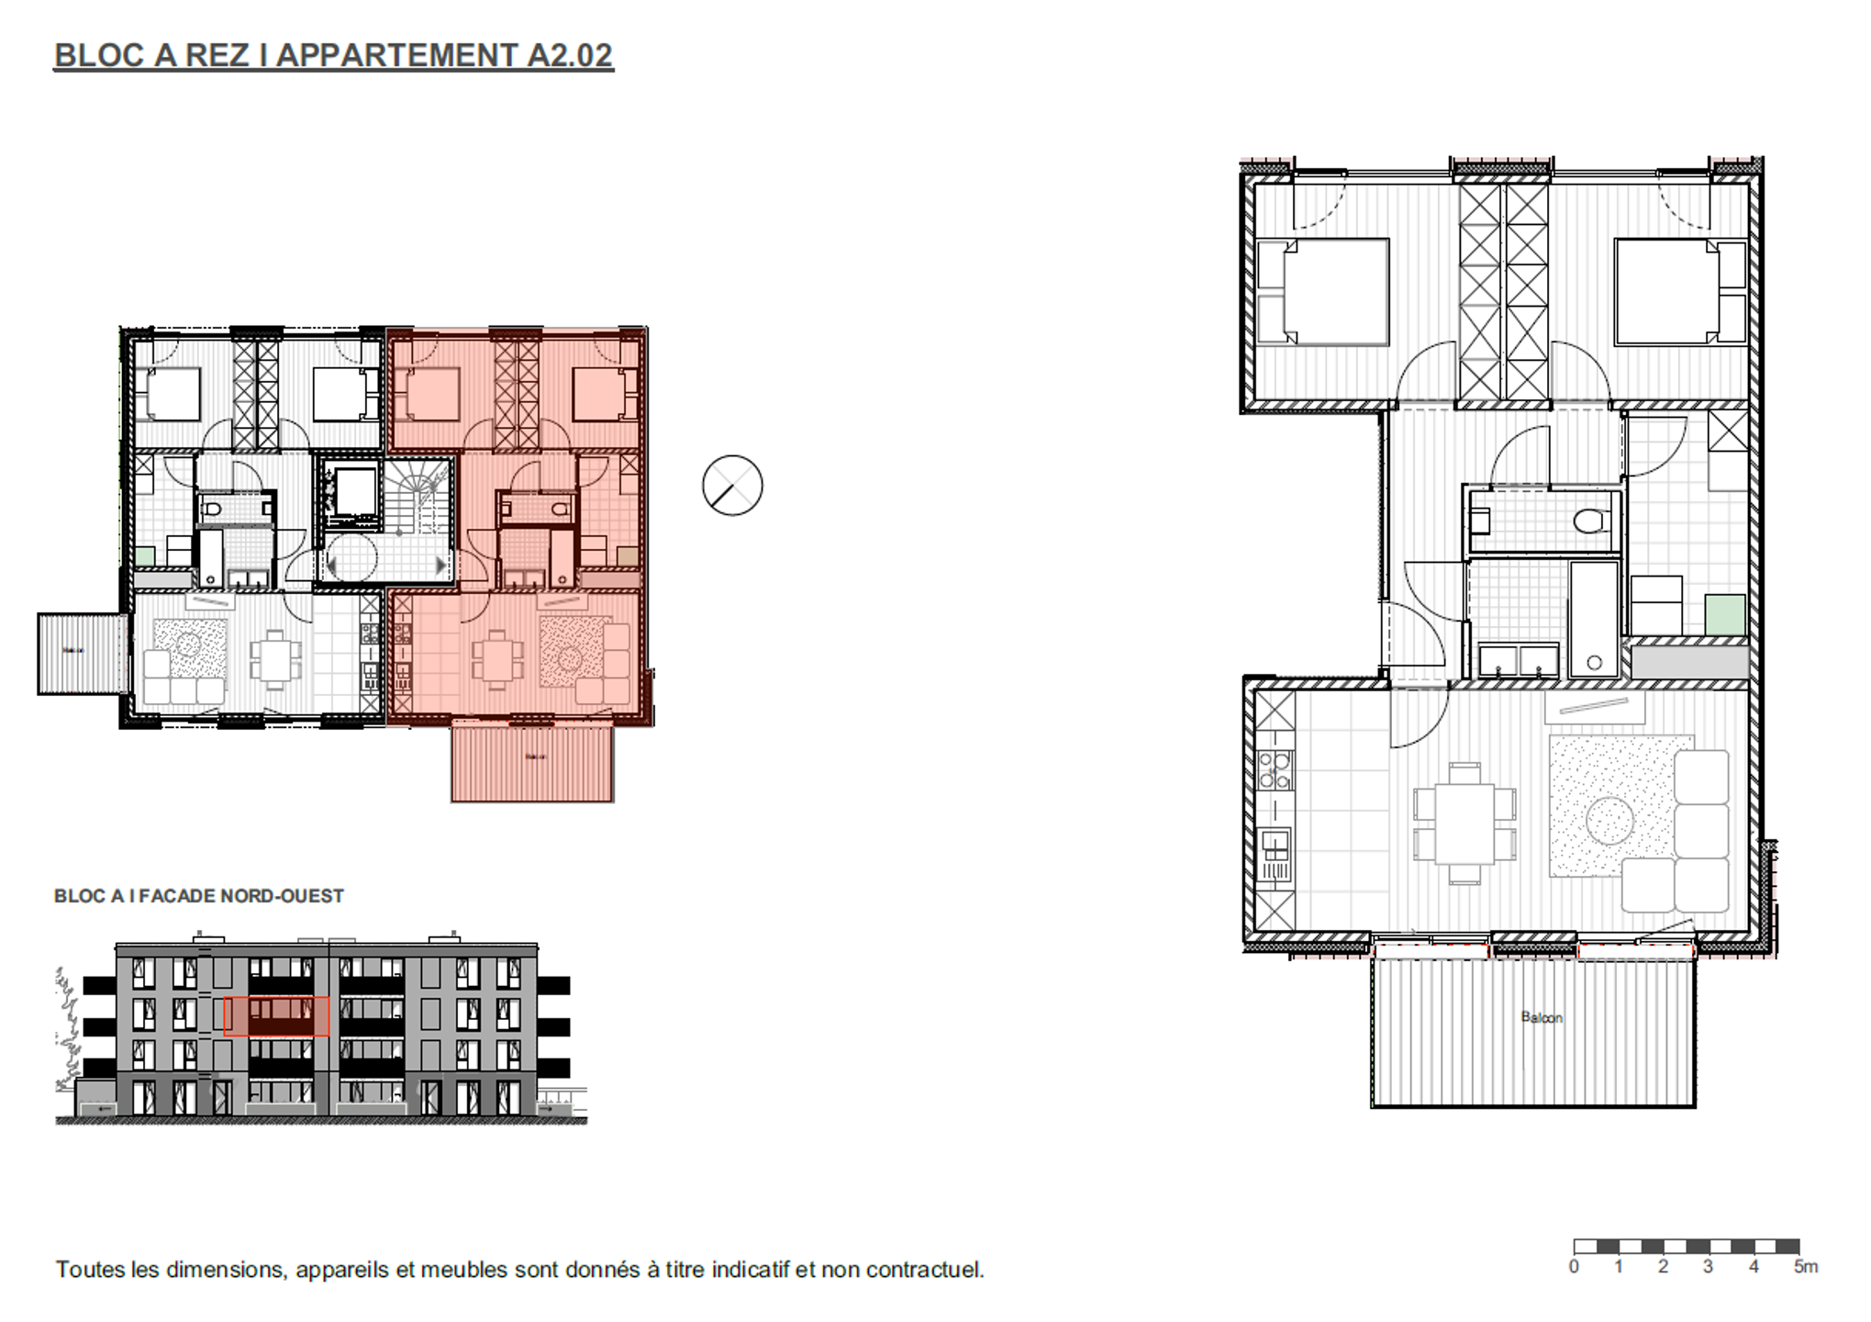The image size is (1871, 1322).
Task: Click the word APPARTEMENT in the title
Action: tap(397, 55)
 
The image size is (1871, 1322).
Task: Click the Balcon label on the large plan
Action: tap(1541, 1017)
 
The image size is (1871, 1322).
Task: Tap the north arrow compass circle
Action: tap(732, 485)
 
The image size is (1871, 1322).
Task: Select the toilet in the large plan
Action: tap(1590, 521)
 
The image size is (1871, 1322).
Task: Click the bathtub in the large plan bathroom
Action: tap(1594, 621)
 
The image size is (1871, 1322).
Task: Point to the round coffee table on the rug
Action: tap(1609, 820)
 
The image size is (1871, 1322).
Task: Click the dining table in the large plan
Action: tap(1465, 822)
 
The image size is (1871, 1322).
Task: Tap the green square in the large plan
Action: tap(1725, 615)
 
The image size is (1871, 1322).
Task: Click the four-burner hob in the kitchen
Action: tap(1274, 769)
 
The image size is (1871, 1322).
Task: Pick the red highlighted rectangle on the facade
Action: tap(276, 1016)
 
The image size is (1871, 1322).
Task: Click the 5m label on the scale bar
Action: tap(1805, 1267)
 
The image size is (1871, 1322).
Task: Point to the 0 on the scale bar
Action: tap(1574, 1267)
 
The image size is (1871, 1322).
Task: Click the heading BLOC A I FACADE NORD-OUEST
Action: tap(198, 896)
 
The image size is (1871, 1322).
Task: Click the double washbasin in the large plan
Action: tap(1519, 659)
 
